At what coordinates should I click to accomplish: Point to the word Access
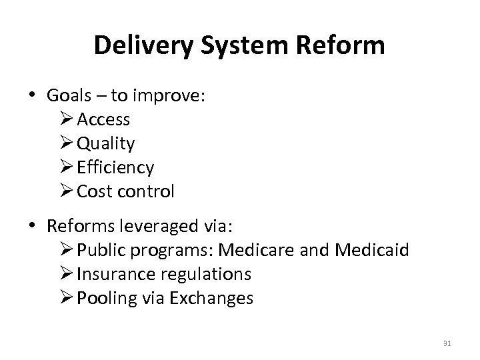(103, 119)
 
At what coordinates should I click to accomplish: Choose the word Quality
(106, 143)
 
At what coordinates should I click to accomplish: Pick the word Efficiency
(115, 167)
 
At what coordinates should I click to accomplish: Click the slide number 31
(446, 343)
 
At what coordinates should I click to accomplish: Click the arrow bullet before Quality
(67, 143)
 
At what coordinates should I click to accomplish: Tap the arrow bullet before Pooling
(67, 298)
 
